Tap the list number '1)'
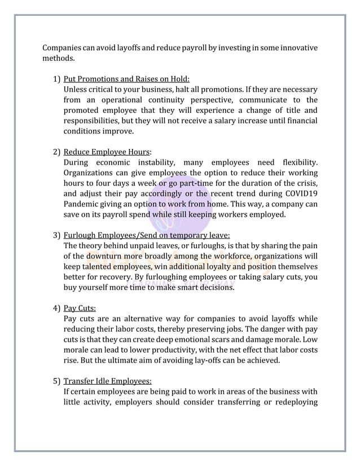coord(57,78)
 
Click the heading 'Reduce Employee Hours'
coord(107,152)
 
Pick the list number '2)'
coord(57,152)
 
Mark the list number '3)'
coord(57,235)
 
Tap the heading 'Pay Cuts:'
coord(80,309)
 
